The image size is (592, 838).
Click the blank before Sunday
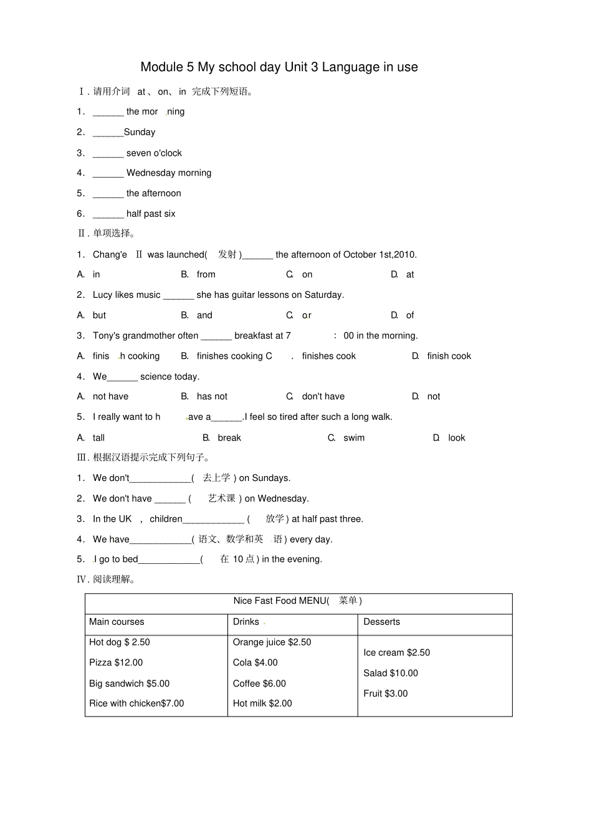108,133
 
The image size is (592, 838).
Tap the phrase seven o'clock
154,153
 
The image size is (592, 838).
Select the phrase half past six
151,214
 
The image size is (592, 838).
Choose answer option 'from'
206,275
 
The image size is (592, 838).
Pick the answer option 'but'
99,315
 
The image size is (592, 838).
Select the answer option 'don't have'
323,397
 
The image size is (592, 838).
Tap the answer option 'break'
229,438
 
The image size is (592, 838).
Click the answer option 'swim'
354,438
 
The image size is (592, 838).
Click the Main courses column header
117,622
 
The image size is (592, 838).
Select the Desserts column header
381,622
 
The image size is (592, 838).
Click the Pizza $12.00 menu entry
116,663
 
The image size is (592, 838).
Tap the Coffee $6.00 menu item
259,683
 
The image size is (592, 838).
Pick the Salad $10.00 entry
391,674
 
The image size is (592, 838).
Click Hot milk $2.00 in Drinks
262,703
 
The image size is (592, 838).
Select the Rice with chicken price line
136,703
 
